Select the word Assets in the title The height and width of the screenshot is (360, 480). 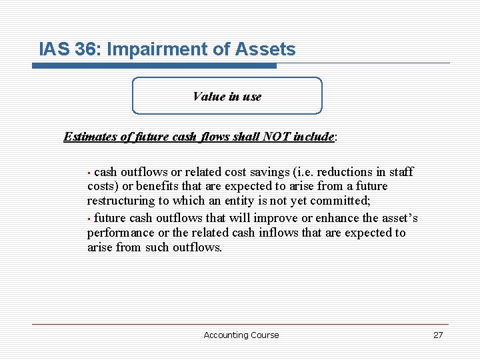(268, 49)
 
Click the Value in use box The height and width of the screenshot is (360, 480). (227, 96)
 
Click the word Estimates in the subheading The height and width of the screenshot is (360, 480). (90, 137)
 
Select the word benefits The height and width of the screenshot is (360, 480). (159, 186)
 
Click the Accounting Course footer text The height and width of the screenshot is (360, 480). (241, 335)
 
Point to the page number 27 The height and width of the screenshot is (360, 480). (438, 335)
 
